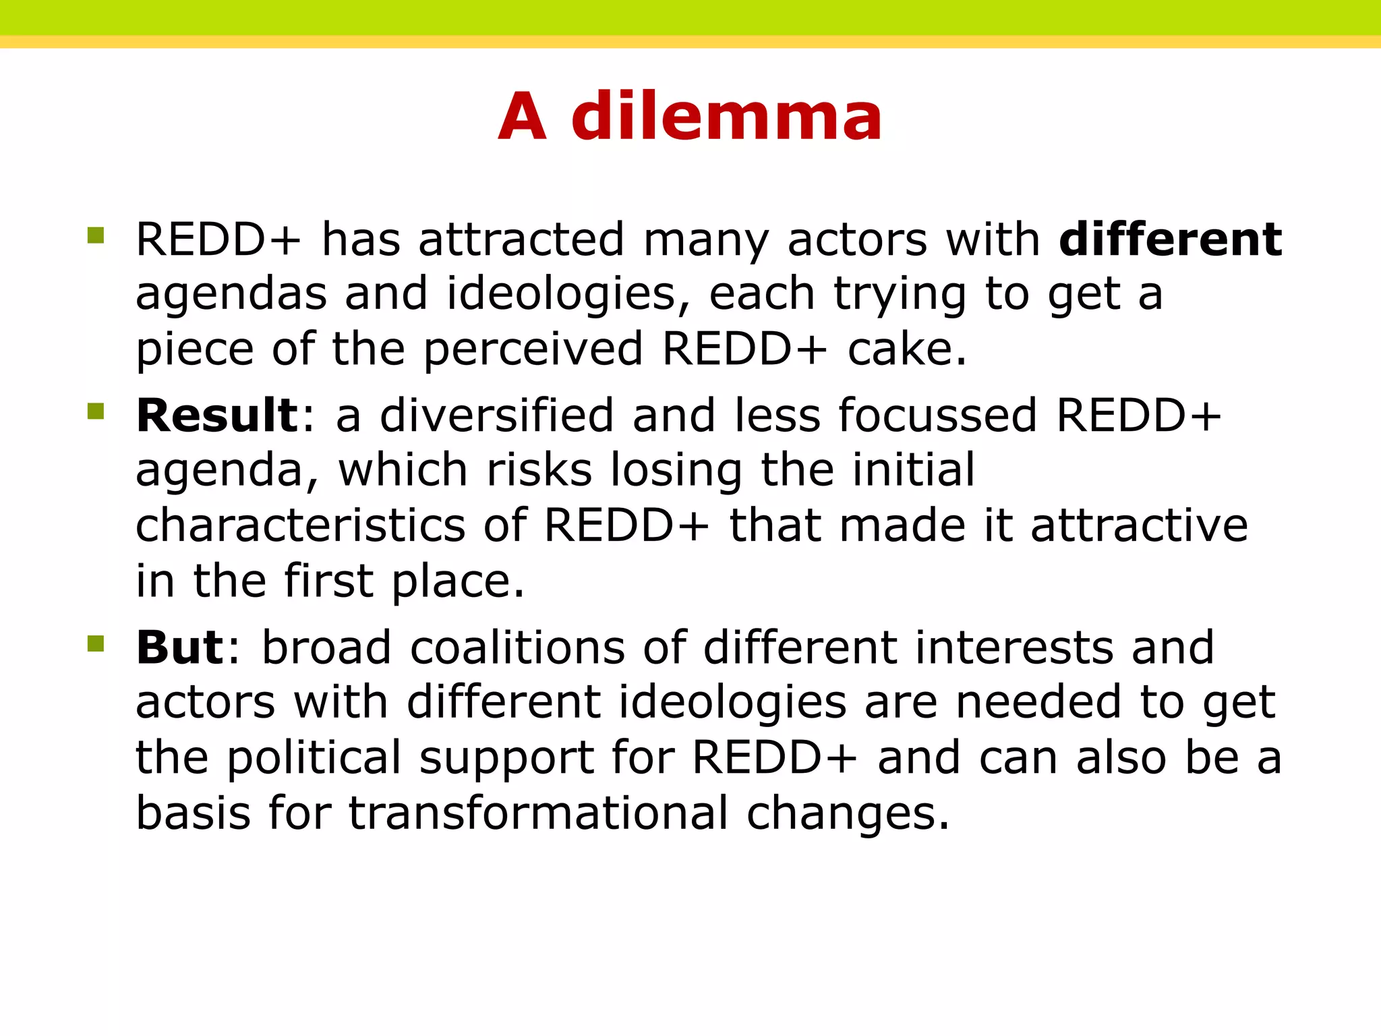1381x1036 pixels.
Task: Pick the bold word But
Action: tap(179, 647)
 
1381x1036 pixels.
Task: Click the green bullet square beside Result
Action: tap(96, 411)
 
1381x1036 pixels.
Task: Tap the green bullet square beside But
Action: tap(96, 643)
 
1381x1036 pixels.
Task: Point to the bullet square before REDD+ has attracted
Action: tap(96, 235)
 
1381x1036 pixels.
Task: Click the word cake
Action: tap(906, 349)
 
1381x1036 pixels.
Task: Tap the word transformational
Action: tap(538, 813)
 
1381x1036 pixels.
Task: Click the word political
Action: tap(314, 757)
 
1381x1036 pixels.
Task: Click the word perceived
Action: tap(533, 349)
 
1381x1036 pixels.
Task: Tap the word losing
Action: tap(676, 470)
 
